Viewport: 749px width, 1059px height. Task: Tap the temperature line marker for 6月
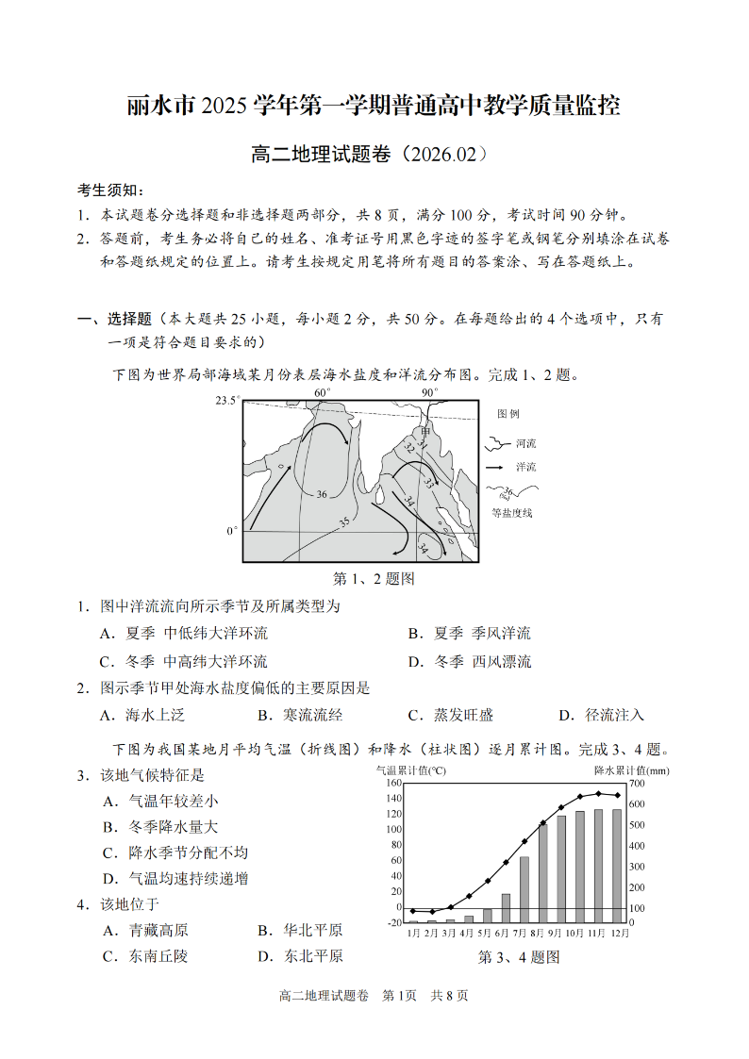[x=488, y=881]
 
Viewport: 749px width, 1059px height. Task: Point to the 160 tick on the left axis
[x=394, y=783]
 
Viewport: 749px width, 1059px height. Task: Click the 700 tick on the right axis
[x=637, y=783]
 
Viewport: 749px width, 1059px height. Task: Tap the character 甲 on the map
[x=425, y=431]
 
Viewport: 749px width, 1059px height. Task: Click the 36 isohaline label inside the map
[x=322, y=494]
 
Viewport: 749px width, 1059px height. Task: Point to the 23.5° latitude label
[x=227, y=401]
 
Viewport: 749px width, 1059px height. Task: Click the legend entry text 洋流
[x=525, y=467]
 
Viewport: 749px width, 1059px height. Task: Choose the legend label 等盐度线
[x=512, y=512]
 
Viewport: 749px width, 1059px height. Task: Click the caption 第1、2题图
[x=374, y=578]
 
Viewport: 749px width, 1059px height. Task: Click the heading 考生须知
[x=109, y=190]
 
